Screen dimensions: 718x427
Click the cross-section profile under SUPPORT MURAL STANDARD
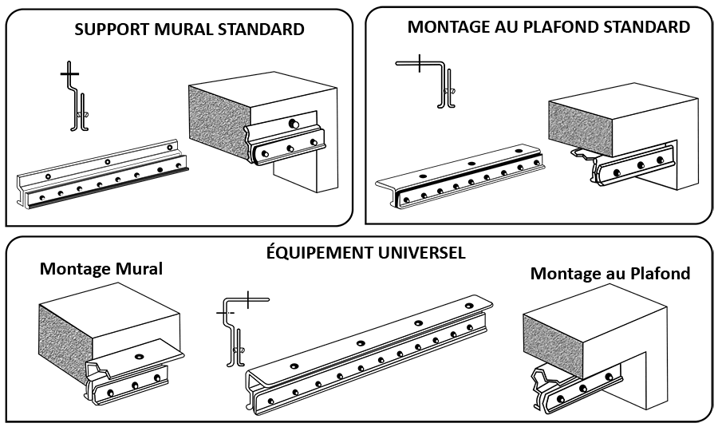point(75,97)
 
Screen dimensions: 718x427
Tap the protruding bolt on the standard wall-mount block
point(293,123)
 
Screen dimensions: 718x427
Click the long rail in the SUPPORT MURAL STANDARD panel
point(103,175)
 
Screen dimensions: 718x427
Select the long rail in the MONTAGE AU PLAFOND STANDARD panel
point(460,179)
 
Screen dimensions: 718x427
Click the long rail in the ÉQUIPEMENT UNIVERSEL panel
point(369,356)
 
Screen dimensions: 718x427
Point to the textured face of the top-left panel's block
point(219,122)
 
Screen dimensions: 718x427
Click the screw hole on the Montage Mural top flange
point(139,356)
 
